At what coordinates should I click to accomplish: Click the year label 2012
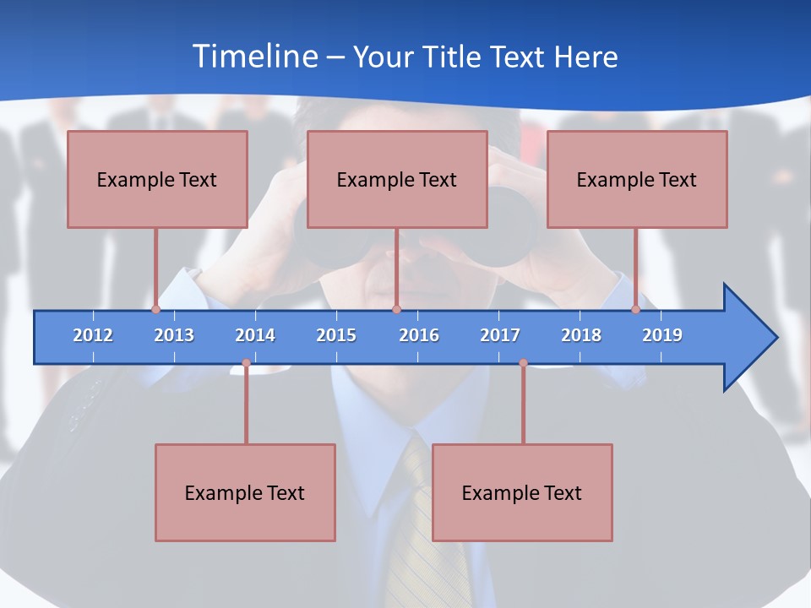pos(93,335)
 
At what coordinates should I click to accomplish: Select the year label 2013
pos(174,335)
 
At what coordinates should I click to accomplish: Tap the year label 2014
pos(255,335)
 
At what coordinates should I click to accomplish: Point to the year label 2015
pos(336,335)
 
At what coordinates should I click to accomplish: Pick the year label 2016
pos(419,335)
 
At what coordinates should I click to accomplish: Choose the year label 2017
pos(500,335)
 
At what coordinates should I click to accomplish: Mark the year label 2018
pos(581,335)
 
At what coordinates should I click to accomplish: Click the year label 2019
pos(662,335)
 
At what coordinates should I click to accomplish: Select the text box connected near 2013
pos(157,179)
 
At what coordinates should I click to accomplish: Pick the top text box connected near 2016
pos(397,179)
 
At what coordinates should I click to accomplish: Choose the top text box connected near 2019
pos(637,179)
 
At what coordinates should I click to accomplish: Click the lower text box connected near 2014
pos(245,492)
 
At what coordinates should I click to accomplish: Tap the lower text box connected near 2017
pos(522,492)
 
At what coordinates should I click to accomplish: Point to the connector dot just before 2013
pos(155,310)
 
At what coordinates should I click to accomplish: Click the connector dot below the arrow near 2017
pos(523,363)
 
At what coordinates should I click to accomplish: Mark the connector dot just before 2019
pos(635,310)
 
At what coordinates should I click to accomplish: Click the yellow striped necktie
pos(427,540)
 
